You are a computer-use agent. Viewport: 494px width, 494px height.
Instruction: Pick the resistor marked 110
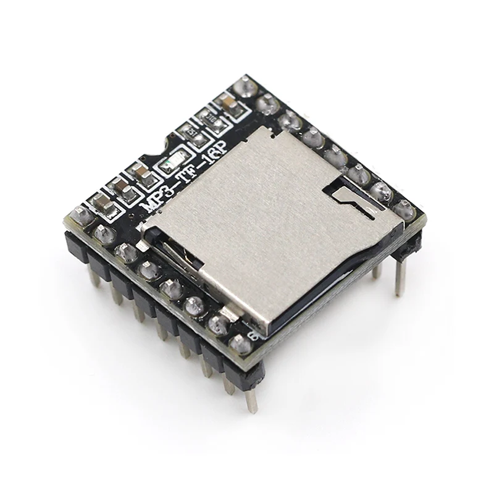[x=211, y=119]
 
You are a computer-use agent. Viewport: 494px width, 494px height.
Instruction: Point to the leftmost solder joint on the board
[x=80, y=215]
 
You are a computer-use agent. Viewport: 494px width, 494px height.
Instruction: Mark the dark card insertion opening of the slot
[x=179, y=253]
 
